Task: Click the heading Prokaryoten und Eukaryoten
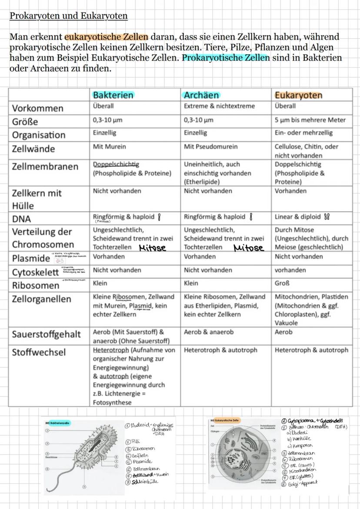coord(69,17)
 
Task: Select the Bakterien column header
coord(113,95)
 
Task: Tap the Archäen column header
coord(201,95)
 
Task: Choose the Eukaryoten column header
coord(298,95)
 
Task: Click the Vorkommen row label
coord(38,108)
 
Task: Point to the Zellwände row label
coord(33,149)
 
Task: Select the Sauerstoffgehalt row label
coord(46,334)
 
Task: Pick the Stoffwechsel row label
coord(39,352)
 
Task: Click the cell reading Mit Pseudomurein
coord(210,147)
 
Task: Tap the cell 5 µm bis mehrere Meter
coord(310,120)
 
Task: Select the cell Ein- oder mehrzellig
coord(303,133)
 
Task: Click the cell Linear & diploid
coord(297,216)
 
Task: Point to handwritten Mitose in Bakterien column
coord(153,248)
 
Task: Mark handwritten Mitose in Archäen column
coord(249,248)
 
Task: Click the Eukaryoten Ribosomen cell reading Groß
coord(282,283)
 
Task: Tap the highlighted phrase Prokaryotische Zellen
coord(226,58)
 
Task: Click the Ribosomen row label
coord(36,286)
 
